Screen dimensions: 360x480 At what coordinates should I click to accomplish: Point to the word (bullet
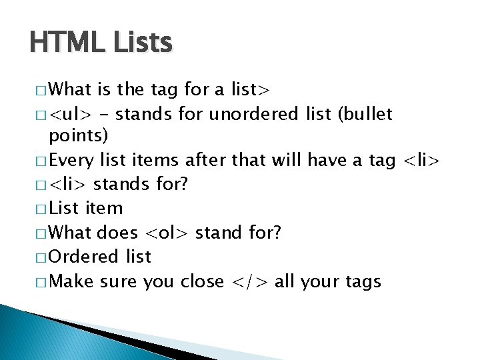pyautogui.click(x=365, y=115)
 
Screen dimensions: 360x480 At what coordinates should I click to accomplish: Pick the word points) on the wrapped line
pyautogui.click(x=77, y=137)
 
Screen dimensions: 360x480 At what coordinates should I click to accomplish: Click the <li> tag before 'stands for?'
pyautogui.click(x=70, y=185)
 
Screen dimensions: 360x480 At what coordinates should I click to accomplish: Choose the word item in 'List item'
pyautogui.click(x=104, y=209)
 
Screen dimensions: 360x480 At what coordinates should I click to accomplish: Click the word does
pyautogui.click(x=117, y=233)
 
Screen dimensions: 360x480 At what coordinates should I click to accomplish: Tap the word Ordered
pyautogui.click(x=83, y=257)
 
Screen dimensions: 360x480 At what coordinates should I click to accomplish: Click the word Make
pyautogui.click(x=71, y=282)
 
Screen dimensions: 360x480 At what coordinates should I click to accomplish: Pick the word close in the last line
pyautogui.click(x=202, y=282)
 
